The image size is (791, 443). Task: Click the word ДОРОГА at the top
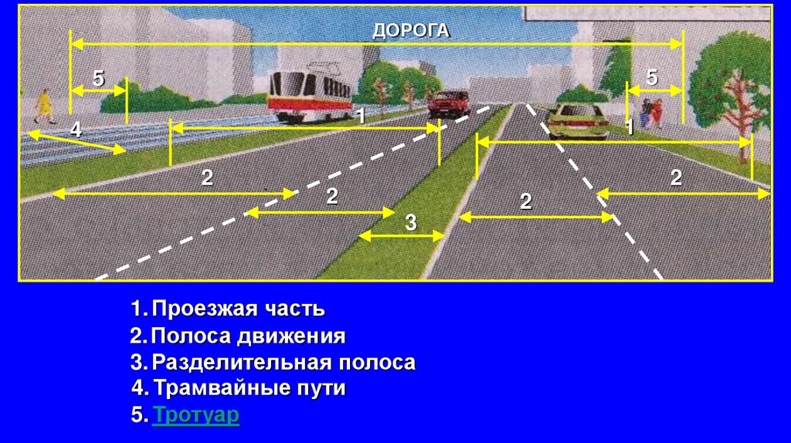[x=410, y=30]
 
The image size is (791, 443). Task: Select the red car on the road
[x=448, y=102]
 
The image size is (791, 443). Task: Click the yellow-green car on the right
[x=578, y=120]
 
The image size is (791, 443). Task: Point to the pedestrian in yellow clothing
[x=44, y=106]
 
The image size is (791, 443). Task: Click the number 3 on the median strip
[x=411, y=223]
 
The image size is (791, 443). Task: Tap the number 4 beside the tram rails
[x=76, y=130]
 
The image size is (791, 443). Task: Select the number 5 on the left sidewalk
[x=98, y=77]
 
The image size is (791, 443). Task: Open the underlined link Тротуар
[x=196, y=415]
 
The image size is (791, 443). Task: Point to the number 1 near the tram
[x=360, y=117]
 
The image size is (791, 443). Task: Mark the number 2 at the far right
[x=676, y=178]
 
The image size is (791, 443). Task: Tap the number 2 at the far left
[x=207, y=178]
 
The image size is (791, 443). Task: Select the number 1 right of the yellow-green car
[x=630, y=127]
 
